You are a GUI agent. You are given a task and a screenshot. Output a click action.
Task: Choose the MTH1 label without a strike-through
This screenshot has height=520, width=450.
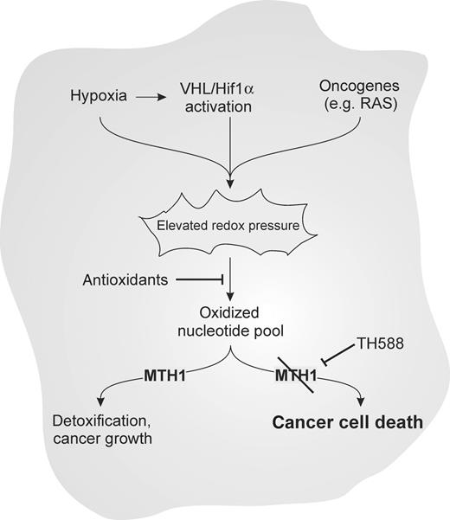[167, 376]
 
